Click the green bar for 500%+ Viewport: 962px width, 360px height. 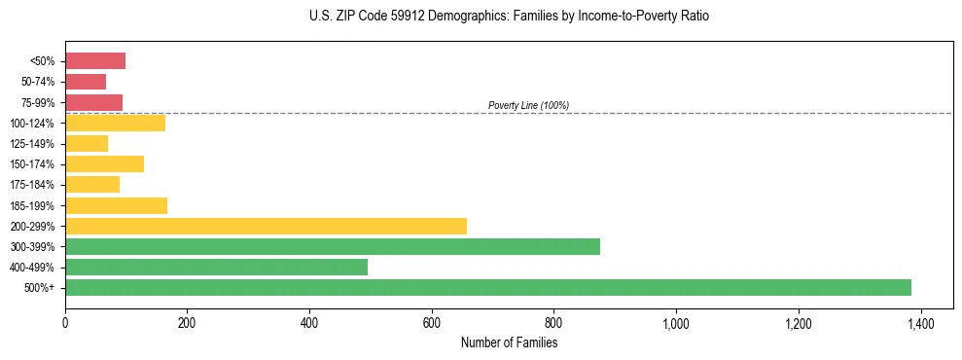[x=487, y=287]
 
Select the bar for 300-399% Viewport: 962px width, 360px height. [x=332, y=246]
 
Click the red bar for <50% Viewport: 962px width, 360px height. [x=95, y=61]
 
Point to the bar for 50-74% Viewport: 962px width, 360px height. [x=86, y=82]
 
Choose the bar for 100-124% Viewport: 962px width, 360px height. [x=115, y=123]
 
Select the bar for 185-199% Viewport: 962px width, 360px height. [x=116, y=205]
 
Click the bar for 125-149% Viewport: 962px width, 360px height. [x=87, y=143]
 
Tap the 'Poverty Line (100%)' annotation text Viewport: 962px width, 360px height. [x=528, y=105]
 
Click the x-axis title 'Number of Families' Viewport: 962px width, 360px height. [x=509, y=342]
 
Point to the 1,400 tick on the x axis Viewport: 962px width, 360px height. [x=920, y=323]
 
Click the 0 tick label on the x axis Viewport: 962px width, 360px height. [x=65, y=323]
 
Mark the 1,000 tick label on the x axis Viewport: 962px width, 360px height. [x=675, y=323]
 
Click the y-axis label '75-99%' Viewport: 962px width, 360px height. [x=39, y=102]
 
